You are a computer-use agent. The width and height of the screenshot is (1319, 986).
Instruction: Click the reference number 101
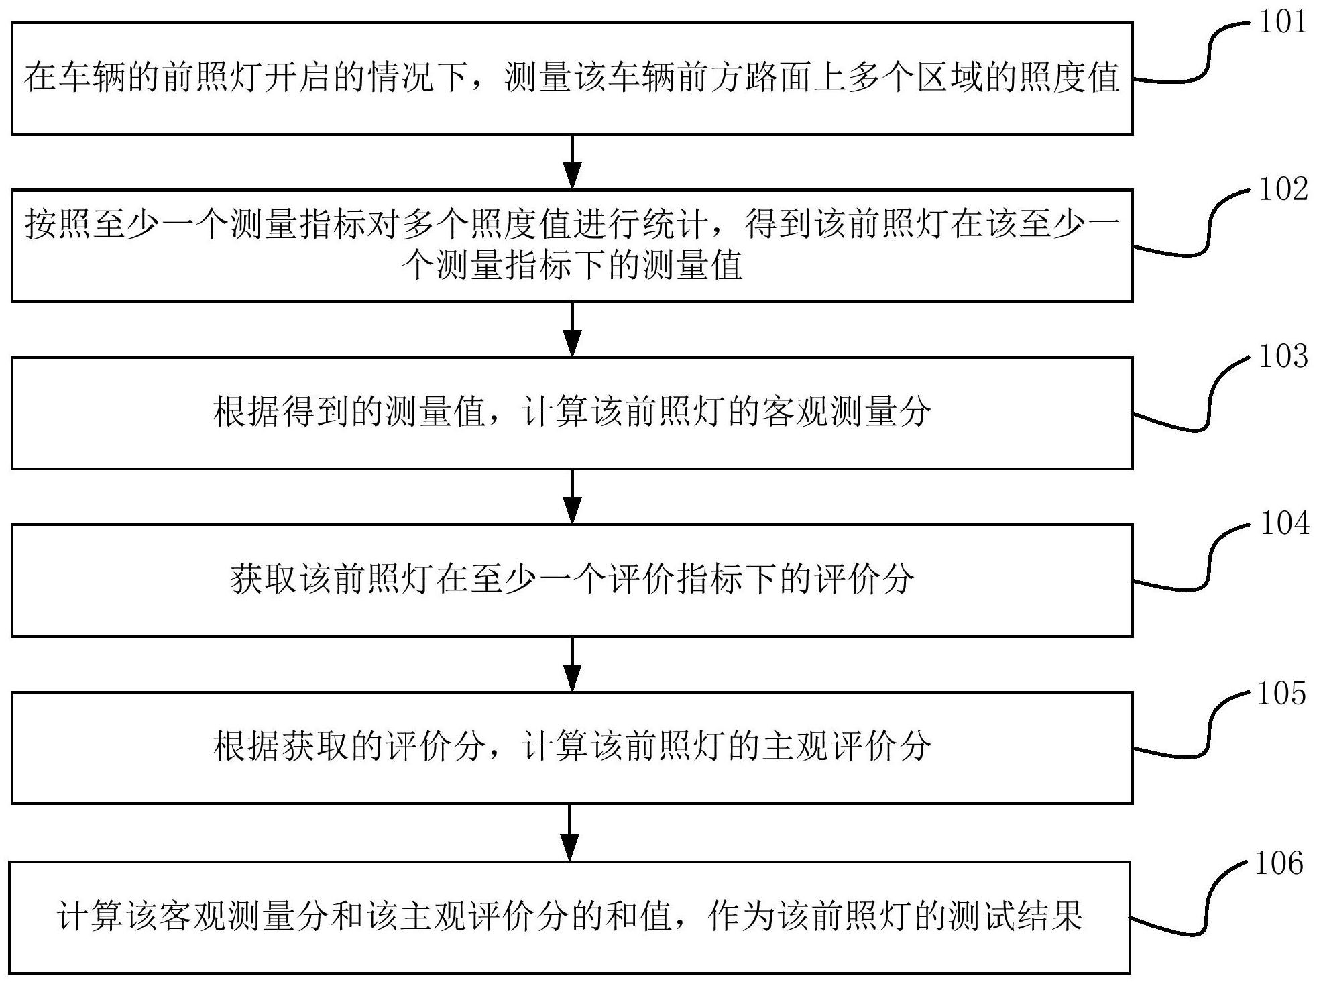[x=1283, y=22]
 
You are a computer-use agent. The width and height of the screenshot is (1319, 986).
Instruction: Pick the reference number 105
[x=1281, y=694]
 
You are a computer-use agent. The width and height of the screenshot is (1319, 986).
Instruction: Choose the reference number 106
[x=1279, y=863]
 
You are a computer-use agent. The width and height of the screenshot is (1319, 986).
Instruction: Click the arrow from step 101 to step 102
[x=572, y=162]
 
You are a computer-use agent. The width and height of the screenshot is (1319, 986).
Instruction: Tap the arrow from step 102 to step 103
[x=572, y=329]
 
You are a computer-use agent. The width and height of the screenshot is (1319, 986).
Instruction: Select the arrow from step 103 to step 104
[x=572, y=496]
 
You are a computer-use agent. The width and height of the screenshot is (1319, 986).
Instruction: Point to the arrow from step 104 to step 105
[x=572, y=663]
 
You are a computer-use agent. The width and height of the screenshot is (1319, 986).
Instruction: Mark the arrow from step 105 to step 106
[x=569, y=832]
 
